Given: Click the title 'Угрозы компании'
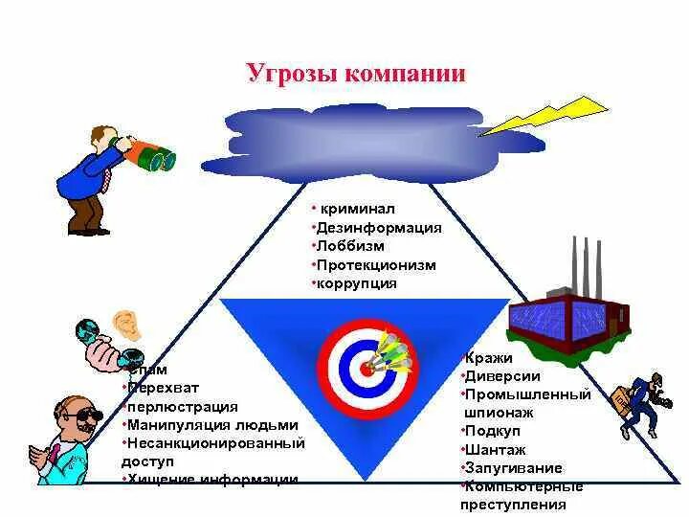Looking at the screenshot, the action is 356,74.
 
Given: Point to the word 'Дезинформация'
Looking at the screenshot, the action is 377,228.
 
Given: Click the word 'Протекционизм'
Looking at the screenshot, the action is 376,265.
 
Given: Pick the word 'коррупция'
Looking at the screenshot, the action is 357,284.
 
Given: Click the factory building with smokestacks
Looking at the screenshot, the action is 568,306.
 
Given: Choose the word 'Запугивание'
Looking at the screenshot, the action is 514,468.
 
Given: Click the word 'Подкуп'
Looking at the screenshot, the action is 492,432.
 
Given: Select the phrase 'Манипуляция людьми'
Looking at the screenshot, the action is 212,425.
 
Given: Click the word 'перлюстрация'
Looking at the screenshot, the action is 183,407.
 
